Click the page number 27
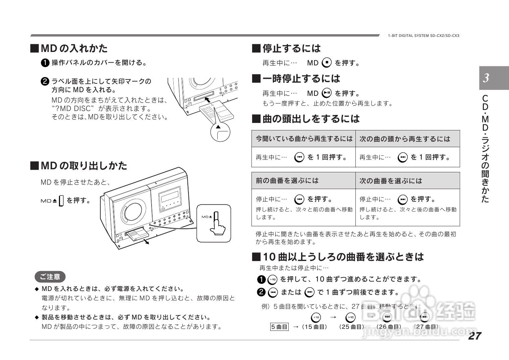point(474,336)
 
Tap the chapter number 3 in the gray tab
point(486,78)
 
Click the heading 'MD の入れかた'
point(74,48)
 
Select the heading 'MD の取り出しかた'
point(83,166)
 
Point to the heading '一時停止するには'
point(301,78)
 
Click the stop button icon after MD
point(326,63)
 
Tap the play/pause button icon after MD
point(326,93)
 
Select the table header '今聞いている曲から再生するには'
point(304,139)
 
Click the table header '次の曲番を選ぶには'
point(391,181)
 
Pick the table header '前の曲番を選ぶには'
point(287,181)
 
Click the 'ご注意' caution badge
point(50,277)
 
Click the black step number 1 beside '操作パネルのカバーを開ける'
point(45,63)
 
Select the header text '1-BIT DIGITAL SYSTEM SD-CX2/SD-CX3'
point(423,36)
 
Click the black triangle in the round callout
point(218,127)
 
